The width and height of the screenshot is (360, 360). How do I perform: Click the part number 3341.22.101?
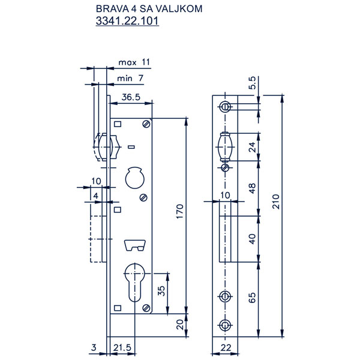[x=127, y=21]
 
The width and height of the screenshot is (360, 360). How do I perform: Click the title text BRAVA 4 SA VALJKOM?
[x=149, y=9]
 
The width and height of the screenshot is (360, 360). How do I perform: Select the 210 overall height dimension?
[x=276, y=202]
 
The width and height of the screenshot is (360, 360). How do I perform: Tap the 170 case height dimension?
[x=180, y=211]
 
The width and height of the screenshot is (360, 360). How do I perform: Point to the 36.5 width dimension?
[x=131, y=97]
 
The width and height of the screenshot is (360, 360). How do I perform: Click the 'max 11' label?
[x=134, y=62]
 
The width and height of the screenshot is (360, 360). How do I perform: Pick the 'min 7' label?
[x=130, y=78]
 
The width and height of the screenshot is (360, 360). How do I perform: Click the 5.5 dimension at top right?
[x=252, y=83]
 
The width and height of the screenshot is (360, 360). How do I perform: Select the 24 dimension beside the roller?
[x=252, y=147]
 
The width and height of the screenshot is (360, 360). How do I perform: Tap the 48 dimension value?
[x=252, y=188]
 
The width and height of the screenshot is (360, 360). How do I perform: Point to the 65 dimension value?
[x=252, y=298]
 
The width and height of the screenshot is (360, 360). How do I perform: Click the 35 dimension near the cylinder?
[x=161, y=290]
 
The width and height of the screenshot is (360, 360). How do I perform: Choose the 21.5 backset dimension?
[x=122, y=347]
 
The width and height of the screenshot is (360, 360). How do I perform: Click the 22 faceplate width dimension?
[x=226, y=347]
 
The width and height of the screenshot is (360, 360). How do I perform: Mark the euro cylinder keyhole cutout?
[x=134, y=283]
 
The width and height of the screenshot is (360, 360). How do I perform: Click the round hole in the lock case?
[x=135, y=178]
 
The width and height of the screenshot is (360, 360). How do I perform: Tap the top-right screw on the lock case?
[x=146, y=124]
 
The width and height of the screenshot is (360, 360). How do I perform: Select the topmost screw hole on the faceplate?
[x=225, y=107]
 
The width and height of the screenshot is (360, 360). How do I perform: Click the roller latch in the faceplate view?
[x=225, y=147]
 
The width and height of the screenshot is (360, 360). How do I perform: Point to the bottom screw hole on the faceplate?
[x=225, y=325]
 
